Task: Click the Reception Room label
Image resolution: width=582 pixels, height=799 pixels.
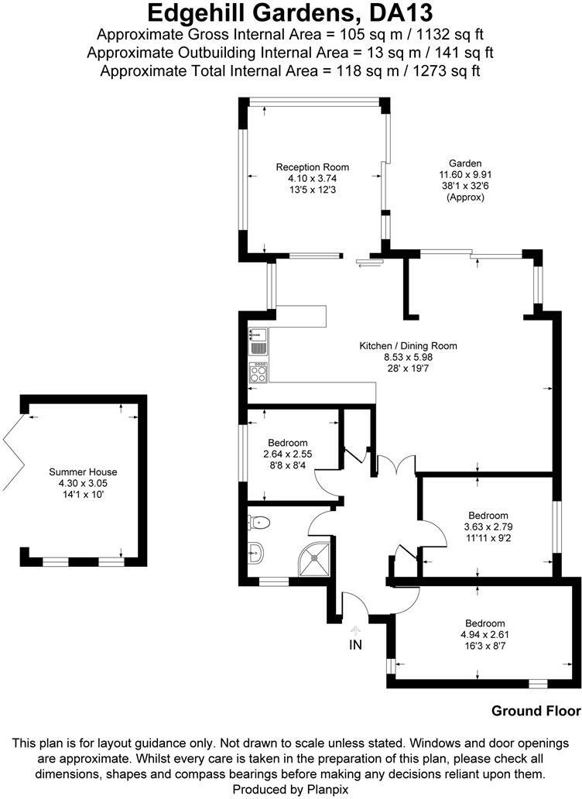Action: coord(312,167)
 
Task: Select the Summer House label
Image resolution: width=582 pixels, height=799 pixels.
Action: coord(83,472)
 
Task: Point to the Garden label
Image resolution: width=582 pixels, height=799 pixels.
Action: coord(465,163)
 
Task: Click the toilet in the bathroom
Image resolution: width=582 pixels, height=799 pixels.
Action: coord(258,522)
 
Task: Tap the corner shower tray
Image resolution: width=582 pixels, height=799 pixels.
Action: coord(314,560)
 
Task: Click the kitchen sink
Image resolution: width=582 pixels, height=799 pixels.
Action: coord(258,341)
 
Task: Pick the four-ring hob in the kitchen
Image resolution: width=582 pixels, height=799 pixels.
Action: coord(258,372)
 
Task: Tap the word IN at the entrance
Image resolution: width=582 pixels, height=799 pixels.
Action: coord(355,645)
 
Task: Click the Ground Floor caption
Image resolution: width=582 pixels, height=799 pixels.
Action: coord(536,711)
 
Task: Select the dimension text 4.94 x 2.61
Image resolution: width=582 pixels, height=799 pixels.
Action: coord(484,635)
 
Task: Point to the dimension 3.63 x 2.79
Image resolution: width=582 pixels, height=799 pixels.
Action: coord(488,527)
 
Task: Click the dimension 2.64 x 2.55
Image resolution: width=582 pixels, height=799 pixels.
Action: coord(288,454)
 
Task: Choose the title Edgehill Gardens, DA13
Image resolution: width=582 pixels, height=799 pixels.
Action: coord(290,13)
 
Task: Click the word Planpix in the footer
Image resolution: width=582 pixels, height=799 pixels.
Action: coord(327,789)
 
